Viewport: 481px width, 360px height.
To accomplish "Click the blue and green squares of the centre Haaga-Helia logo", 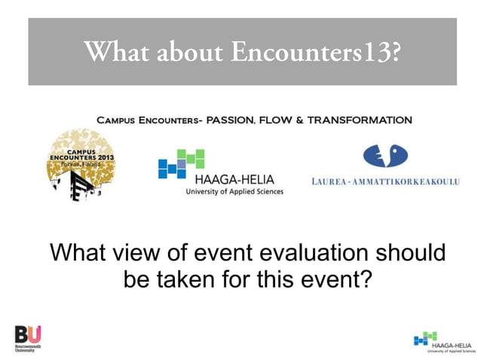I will [x=181, y=163].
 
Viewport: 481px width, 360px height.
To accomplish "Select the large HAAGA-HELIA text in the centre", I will [x=234, y=179].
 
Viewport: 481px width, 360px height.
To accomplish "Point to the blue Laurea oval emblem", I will [x=384, y=157].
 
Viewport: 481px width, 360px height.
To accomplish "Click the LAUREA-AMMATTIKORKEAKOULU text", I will [x=384, y=182].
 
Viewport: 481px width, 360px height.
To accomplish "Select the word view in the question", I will [x=143, y=252].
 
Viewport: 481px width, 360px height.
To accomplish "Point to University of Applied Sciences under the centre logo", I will [x=234, y=192].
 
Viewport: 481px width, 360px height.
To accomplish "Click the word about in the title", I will [x=189, y=52].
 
